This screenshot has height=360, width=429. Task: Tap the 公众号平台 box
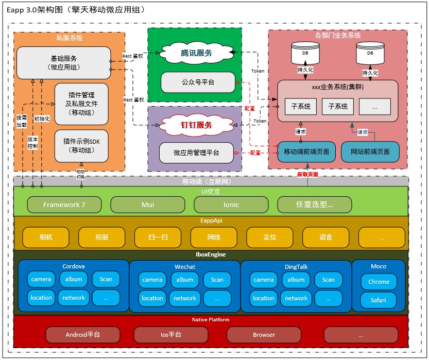(198, 82)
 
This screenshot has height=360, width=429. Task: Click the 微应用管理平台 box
(196, 153)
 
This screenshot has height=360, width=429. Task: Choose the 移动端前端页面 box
(306, 152)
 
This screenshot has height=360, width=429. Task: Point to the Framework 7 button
(64, 204)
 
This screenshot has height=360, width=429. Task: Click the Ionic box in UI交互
(231, 204)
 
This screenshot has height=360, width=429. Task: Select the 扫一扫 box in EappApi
(157, 237)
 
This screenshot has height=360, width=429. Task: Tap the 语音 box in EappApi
(325, 237)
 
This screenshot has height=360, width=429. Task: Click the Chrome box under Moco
(379, 282)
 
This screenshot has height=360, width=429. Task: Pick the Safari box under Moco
(379, 300)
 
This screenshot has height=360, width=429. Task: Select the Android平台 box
(82, 335)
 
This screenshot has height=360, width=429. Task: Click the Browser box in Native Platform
(264, 335)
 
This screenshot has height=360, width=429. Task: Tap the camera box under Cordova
(41, 279)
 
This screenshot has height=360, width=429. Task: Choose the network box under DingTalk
(296, 298)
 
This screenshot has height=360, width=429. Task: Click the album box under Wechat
(185, 280)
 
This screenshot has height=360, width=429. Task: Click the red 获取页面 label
(307, 175)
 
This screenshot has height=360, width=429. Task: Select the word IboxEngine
(211, 254)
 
